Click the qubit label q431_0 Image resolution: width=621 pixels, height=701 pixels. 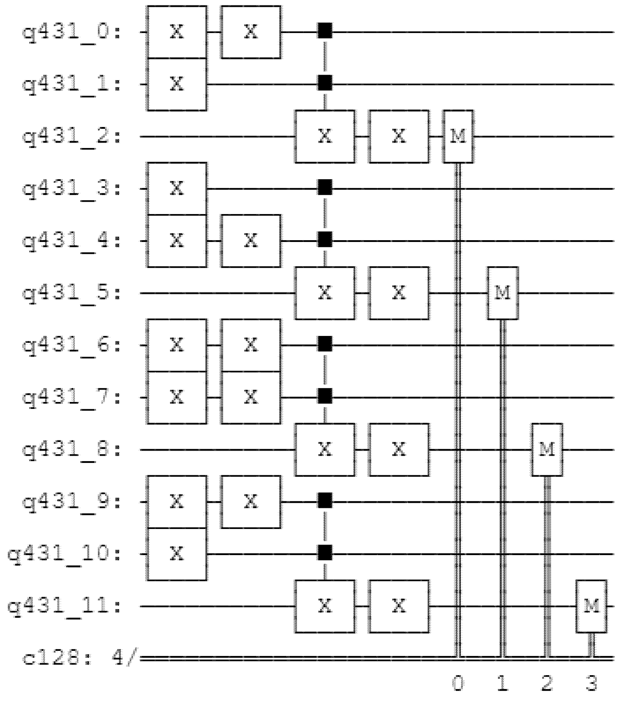pos(71,33)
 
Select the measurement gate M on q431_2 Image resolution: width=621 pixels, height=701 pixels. pos(458,137)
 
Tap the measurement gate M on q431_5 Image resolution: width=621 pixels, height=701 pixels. pos(503,293)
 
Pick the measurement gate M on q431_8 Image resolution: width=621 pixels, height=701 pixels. pos(547,450)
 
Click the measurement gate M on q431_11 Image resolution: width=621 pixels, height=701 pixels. pos(591,606)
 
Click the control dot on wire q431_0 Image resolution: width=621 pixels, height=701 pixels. pos(325,31)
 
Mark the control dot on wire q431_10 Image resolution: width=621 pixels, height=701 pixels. pos(325,552)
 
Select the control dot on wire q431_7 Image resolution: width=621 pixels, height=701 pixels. pos(325,396)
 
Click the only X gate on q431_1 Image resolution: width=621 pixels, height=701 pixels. pos(177,84)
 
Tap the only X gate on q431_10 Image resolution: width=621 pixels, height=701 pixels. pos(177,554)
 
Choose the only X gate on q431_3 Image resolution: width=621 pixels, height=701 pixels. pos(177,189)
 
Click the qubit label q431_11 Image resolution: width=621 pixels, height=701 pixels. pos(65,606)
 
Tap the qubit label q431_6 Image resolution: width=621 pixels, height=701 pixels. pos(71,345)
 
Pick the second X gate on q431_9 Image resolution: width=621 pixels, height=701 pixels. pos(251,502)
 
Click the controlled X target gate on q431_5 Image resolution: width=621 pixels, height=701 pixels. pos(325,293)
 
